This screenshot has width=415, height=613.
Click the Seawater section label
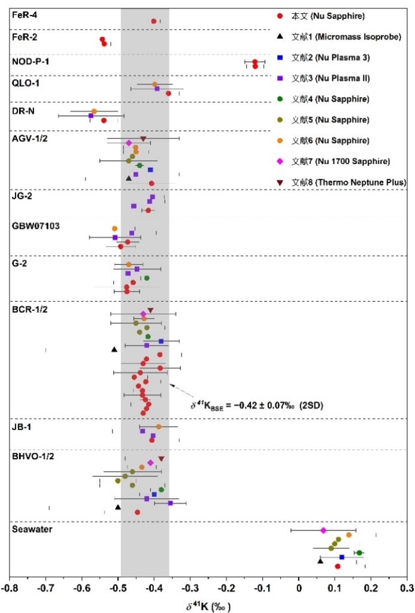(29, 528)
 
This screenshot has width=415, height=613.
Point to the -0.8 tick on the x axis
(10, 588)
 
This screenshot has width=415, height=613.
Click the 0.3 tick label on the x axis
(407, 588)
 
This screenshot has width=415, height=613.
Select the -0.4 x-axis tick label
(154, 588)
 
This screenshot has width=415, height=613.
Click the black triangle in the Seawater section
(320, 560)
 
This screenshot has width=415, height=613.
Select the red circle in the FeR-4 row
(154, 21)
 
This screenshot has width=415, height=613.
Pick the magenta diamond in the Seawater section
(323, 530)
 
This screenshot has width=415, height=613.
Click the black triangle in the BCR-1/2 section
(114, 349)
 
